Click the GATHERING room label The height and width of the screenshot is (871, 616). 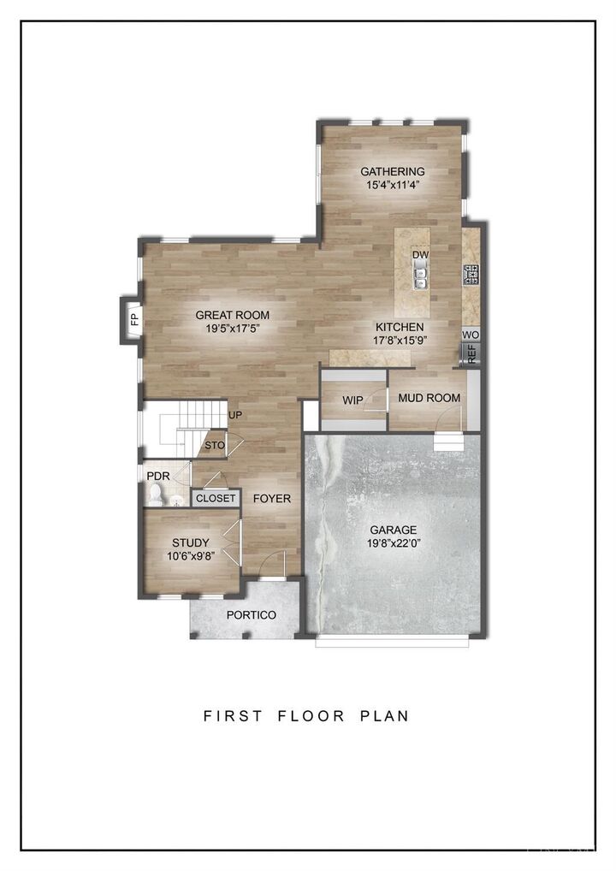392,171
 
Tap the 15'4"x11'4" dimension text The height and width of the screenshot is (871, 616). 392,185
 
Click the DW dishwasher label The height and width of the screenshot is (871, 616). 419,255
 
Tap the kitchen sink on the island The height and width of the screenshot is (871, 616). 420,276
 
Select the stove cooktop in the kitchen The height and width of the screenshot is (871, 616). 471,275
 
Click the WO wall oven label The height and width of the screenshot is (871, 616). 471,335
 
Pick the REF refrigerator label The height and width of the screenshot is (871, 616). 471,354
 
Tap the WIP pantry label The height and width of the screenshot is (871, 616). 352,400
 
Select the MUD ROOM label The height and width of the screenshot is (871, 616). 429,398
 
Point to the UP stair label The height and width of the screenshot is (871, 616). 235,416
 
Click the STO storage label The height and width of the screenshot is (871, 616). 214,446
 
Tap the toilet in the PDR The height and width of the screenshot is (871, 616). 156,494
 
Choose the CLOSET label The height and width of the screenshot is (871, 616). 216,498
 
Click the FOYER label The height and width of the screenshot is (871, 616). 271,499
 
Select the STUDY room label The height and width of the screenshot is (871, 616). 190,542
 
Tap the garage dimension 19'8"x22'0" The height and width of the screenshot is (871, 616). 393,543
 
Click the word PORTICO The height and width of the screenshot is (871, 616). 251,615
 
